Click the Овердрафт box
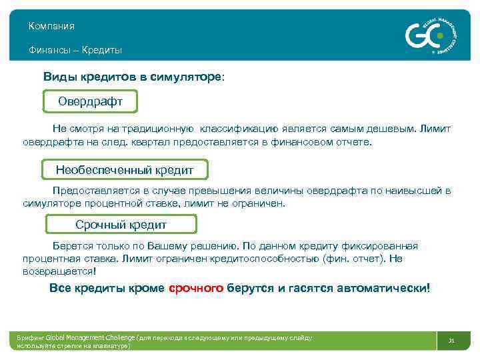click(90, 103)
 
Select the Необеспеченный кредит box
click(125, 170)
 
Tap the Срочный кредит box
click(121, 225)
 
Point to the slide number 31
click(451, 341)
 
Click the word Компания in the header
click(51, 26)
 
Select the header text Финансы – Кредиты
click(75, 50)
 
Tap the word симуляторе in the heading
click(189, 77)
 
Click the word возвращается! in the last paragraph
click(59, 272)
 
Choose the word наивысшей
click(413, 191)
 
